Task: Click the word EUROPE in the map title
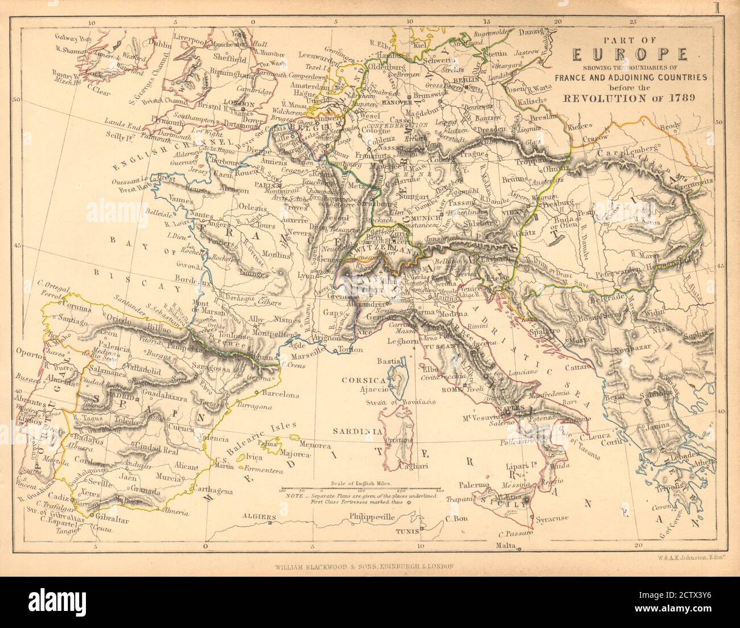(x=629, y=55)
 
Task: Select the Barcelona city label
(x=280, y=394)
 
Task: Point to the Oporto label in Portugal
(x=30, y=354)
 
